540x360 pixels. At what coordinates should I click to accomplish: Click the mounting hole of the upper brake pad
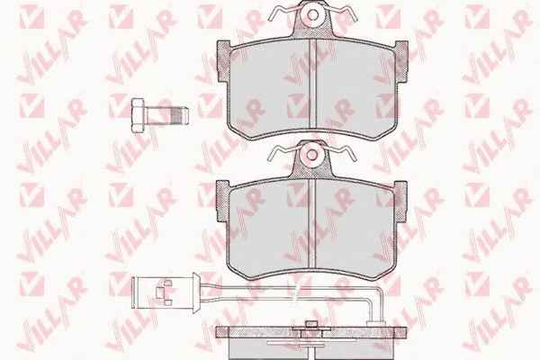[x=312, y=14]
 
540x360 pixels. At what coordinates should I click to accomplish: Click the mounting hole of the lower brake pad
[x=312, y=155]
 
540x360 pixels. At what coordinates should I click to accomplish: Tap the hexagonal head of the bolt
[x=138, y=115]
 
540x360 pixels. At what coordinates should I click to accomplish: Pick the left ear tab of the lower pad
[x=222, y=201]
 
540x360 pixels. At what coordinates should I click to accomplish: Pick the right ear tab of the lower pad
[x=400, y=201]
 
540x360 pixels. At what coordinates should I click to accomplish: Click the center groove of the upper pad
[x=312, y=84]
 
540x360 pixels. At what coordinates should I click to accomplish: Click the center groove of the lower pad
[x=312, y=223]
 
